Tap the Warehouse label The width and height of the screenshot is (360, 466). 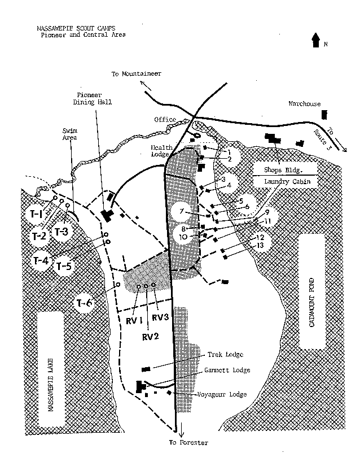tap(304, 104)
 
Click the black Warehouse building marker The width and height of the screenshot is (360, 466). tap(324, 115)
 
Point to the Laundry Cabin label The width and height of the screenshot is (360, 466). tap(285, 181)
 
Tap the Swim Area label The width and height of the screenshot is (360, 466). tap(69, 133)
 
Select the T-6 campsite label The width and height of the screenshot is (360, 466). tap(84, 303)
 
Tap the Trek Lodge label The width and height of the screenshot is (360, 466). tap(225, 355)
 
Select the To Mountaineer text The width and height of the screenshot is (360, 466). tap(137, 74)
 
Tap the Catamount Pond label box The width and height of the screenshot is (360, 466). tap(313, 291)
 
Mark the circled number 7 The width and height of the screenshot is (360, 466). tap(182, 211)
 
